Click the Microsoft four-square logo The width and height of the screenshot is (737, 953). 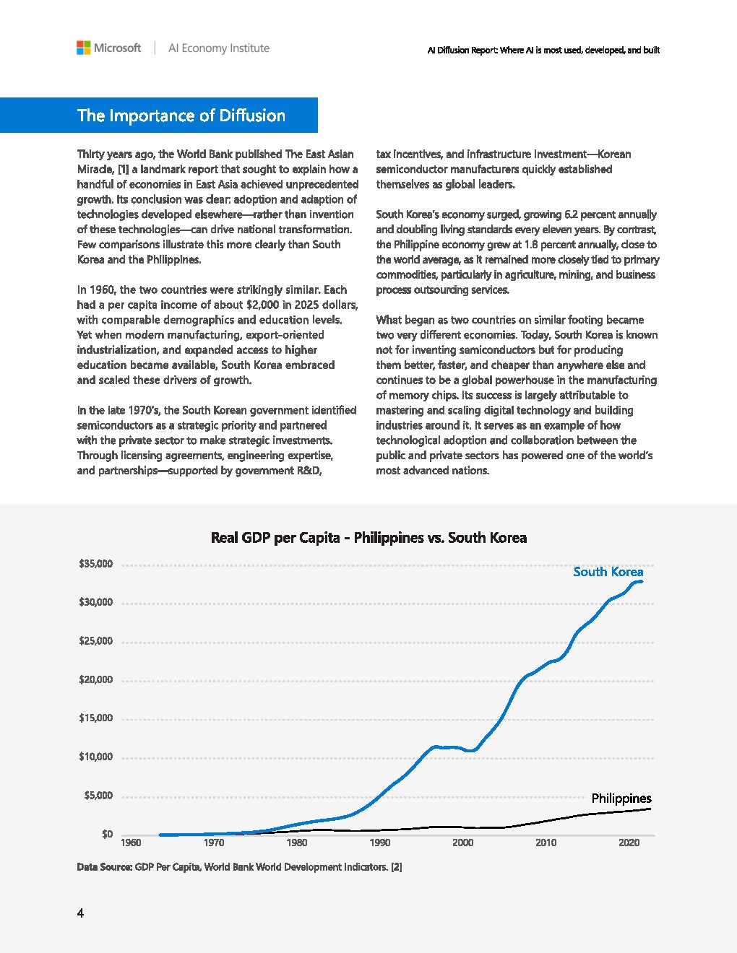(x=84, y=48)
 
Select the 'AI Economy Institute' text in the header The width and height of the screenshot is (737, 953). (x=218, y=48)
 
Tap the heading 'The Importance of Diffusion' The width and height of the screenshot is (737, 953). (x=181, y=116)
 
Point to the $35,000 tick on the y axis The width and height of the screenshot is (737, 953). (x=95, y=564)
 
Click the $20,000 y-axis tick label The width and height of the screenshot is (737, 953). (x=95, y=679)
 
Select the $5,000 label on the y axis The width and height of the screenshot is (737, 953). (x=98, y=796)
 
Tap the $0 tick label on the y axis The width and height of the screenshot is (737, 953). (x=107, y=834)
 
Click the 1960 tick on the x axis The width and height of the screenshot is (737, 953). (x=131, y=843)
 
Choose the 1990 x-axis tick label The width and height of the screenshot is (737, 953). (x=380, y=843)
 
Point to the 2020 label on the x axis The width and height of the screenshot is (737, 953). (x=629, y=843)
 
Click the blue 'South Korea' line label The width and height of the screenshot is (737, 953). (x=608, y=572)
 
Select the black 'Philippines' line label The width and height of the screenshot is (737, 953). (x=621, y=798)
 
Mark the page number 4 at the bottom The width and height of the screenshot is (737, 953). (x=80, y=913)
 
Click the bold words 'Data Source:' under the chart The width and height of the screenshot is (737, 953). (x=104, y=867)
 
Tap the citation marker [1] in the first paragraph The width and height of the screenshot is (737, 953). (x=123, y=170)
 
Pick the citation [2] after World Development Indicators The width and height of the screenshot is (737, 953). (x=396, y=867)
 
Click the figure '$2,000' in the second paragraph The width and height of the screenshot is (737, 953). (x=262, y=305)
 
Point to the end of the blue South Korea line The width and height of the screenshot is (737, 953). (x=641, y=581)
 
